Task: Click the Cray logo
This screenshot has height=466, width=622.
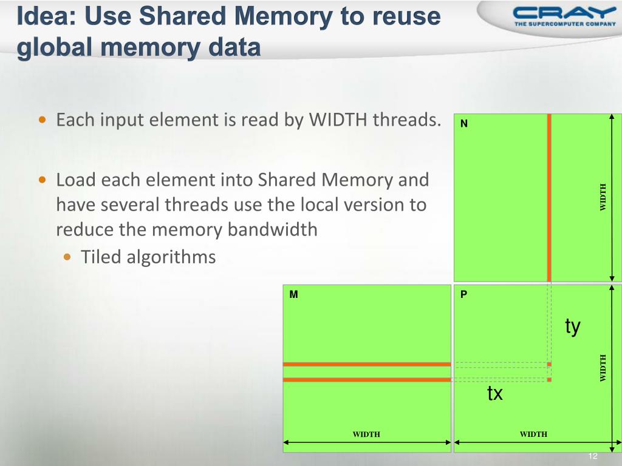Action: [x=564, y=16]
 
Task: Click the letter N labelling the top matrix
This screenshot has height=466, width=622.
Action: [x=463, y=124]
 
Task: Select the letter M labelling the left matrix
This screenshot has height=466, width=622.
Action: [x=293, y=294]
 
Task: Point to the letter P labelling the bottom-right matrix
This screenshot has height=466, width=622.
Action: [x=463, y=294]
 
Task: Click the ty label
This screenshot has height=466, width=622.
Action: [x=572, y=326]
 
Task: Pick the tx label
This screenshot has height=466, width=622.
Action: [x=495, y=393]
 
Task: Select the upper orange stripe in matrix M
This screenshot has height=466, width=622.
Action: [x=367, y=364]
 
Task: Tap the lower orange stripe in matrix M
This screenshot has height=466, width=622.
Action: [x=367, y=380]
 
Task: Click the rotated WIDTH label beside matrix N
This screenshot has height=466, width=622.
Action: [x=603, y=197]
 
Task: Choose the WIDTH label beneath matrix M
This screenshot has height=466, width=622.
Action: [x=366, y=434]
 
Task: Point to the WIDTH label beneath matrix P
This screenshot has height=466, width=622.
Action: [x=533, y=434]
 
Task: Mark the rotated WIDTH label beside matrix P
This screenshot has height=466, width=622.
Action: [x=603, y=368]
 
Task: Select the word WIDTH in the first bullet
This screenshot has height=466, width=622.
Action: [x=338, y=120]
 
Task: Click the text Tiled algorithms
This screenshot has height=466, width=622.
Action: [x=148, y=257]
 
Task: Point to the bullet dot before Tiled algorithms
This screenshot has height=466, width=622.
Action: [x=68, y=257]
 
